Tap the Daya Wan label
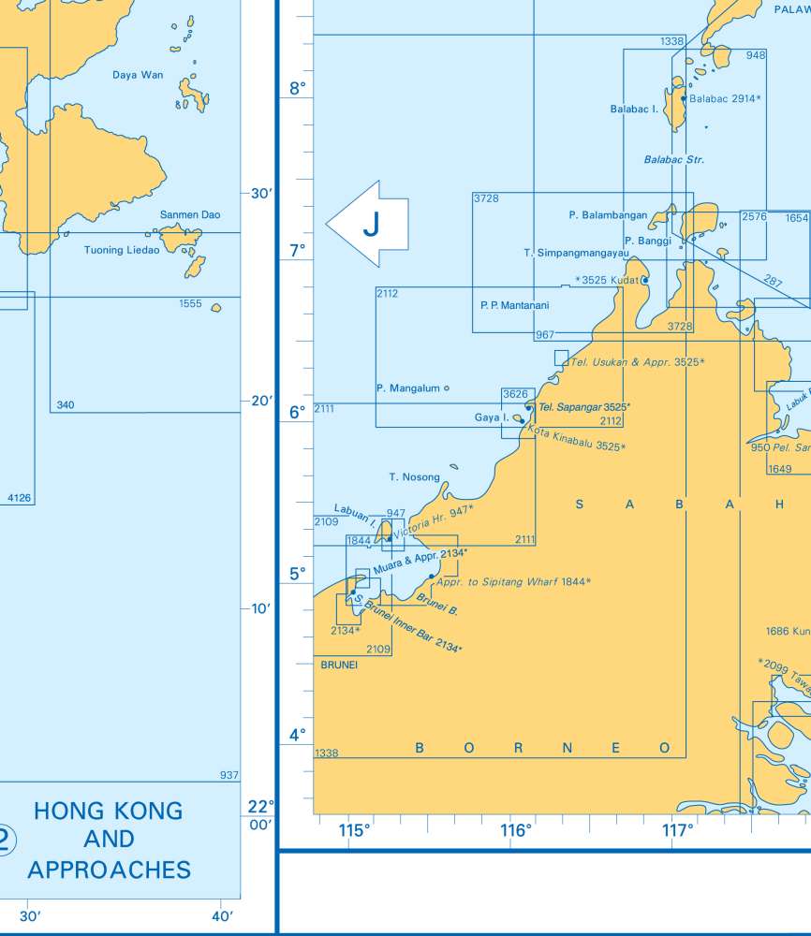(138, 75)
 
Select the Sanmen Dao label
(190, 215)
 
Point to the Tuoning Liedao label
(121, 250)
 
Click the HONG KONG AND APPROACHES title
(109, 840)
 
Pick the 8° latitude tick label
(297, 89)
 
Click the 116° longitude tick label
(516, 830)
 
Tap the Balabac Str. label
(673, 160)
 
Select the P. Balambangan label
(608, 215)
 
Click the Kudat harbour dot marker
(645, 280)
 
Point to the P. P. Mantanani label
(514, 305)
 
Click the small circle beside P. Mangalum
(446, 388)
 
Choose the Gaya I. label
(492, 417)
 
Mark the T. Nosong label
(414, 477)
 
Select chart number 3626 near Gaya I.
(515, 394)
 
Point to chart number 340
(66, 405)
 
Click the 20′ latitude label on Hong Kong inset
(260, 401)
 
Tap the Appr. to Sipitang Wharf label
(513, 582)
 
